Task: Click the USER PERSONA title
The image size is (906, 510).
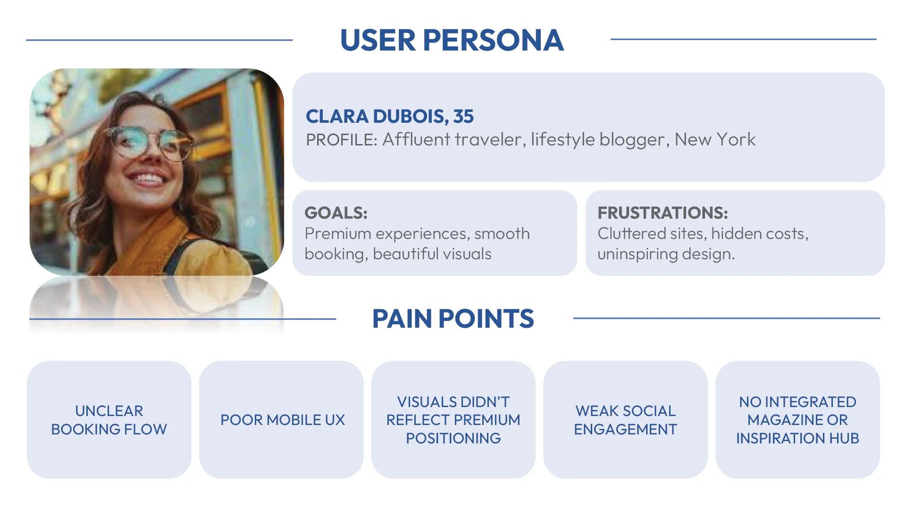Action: pyautogui.click(x=452, y=40)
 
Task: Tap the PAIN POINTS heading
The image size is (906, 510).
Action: pyautogui.click(x=453, y=319)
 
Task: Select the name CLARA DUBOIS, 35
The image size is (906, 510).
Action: pyautogui.click(x=390, y=116)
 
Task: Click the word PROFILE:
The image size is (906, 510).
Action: pyautogui.click(x=342, y=140)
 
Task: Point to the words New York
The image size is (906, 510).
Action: pyautogui.click(x=715, y=140)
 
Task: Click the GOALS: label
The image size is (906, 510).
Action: pyautogui.click(x=336, y=213)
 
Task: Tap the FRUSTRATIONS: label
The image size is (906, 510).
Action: pyautogui.click(x=663, y=213)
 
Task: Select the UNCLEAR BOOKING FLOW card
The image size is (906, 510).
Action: pyautogui.click(x=109, y=420)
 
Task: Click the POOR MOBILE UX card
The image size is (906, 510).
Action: pyautogui.click(x=281, y=420)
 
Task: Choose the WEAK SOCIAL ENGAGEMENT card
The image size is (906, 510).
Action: pyautogui.click(x=625, y=420)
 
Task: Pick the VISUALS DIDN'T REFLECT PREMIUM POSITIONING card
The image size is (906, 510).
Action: pyautogui.click(x=453, y=420)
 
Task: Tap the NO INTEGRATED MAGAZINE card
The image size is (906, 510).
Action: pyautogui.click(x=797, y=420)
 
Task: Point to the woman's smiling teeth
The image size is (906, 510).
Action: pyautogui.click(x=148, y=179)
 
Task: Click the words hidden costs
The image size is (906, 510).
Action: pyautogui.click(x=760, y=234)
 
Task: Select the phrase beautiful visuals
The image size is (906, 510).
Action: pyautogui.click(x=432, y=254)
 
